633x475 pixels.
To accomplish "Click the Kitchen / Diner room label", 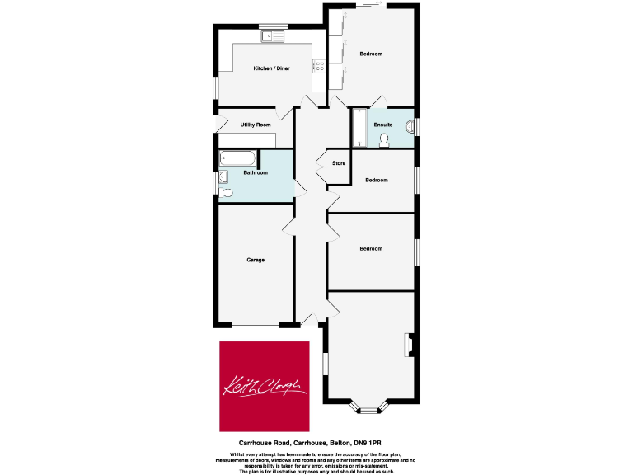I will [x=271, y=68].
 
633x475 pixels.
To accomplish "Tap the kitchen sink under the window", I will [x=272, y=35].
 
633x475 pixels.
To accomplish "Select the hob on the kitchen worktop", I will [x=317, y=66].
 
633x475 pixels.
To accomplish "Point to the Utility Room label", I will [x=256, y=125].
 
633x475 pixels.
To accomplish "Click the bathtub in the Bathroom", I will [x=238, y=159].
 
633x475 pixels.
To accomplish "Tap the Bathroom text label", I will [x=256, y=172].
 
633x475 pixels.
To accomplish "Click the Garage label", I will [x=256, y=260].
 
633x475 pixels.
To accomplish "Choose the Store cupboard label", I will [x=339, y=163].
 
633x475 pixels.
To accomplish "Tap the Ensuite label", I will [x=382, y=125].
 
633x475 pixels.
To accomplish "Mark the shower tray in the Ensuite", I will [x=359, y=128].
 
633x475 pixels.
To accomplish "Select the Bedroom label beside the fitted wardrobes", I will [x=371, y=54].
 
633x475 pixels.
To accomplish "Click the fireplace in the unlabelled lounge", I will [x=407, y=346].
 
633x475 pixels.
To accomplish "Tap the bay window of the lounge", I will [x=368, y=407].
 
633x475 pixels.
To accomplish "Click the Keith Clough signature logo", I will [x=264, y=386].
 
